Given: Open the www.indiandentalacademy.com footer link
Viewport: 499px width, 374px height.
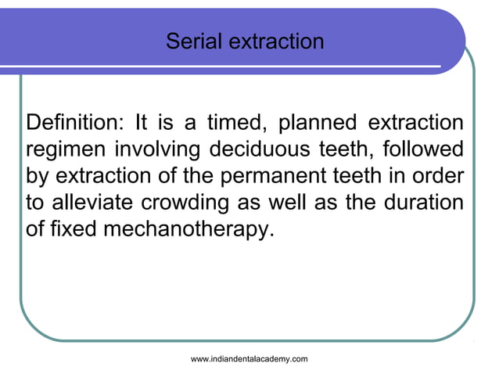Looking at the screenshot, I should tap(249, 358).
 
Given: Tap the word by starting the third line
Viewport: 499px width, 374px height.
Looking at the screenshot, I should tap(37, 174).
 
